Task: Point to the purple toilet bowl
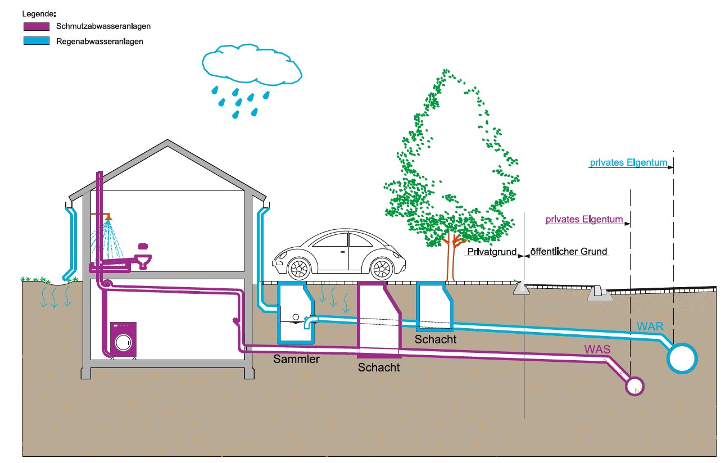[145, 261]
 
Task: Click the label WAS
[596, 349]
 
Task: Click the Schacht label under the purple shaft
[379, 368]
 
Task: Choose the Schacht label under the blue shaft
[436, 339]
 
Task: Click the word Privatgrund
[491, 252]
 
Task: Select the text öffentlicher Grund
[569, 252]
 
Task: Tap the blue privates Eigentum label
[628, 164]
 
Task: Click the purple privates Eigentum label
[584, 220]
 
